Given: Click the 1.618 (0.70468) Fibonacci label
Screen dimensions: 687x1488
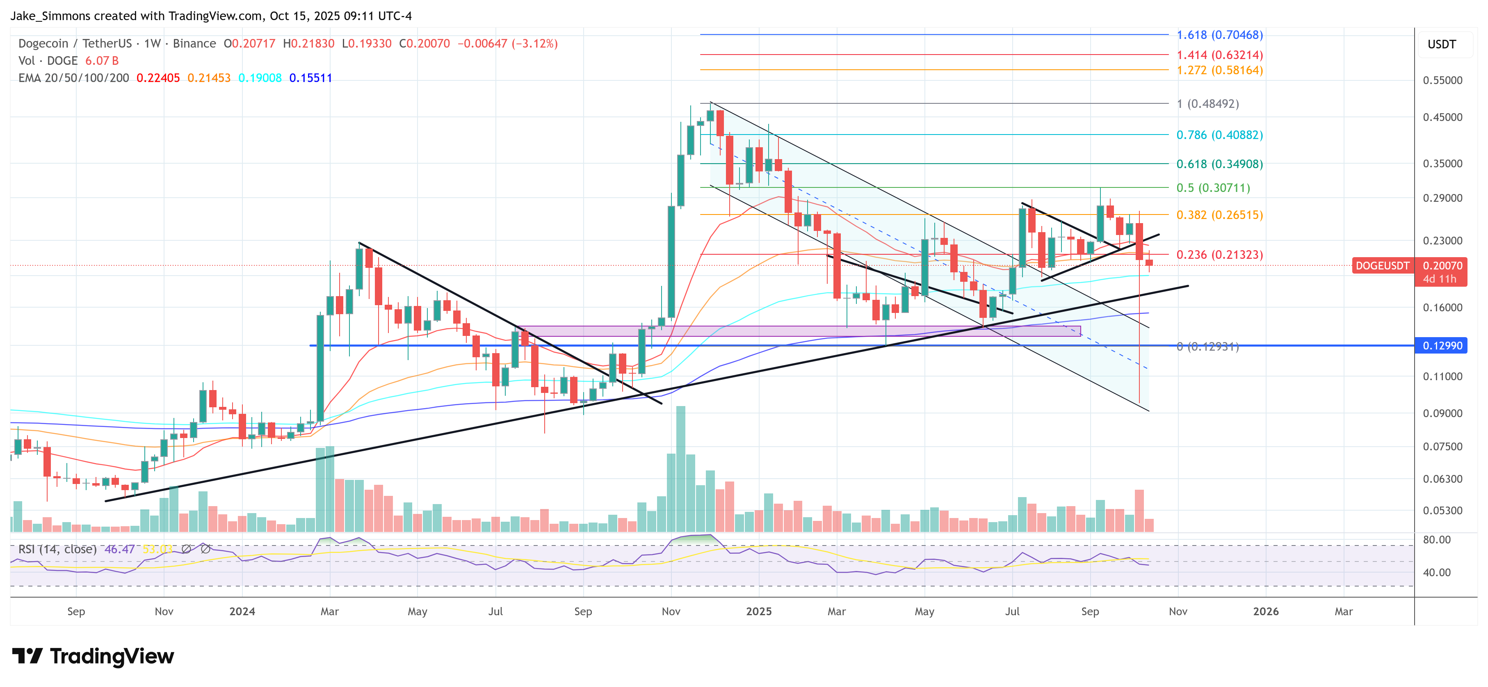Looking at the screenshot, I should coord(1219,35).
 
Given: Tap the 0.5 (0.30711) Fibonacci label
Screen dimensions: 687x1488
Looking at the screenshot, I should coord(1213,188).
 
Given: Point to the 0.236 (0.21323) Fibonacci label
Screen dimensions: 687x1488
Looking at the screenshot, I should coord(1219,255).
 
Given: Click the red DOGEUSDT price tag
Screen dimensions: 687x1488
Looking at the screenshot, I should coord(1382,266).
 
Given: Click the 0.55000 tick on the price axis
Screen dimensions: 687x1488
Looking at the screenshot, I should coord(1442,80).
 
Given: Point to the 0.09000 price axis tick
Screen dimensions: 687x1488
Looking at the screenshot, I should coord(1442,413).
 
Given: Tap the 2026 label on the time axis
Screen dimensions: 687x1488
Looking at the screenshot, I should coord(1266,611).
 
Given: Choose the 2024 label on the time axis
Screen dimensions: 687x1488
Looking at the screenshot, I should coord(242,611).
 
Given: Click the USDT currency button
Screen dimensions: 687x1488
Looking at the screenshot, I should coord(1442,44).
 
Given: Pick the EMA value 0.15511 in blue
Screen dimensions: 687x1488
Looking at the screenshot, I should coord(311,78).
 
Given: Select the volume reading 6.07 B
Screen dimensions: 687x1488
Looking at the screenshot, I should coord(102,61).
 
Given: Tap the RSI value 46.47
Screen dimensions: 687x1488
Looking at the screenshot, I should coord(120,549).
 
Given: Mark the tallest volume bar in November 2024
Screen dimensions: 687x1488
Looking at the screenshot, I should coord(680,468).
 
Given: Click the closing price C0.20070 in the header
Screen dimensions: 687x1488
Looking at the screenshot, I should coord(424,43).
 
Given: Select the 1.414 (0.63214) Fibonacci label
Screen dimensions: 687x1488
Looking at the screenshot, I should coord(1219,55).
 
